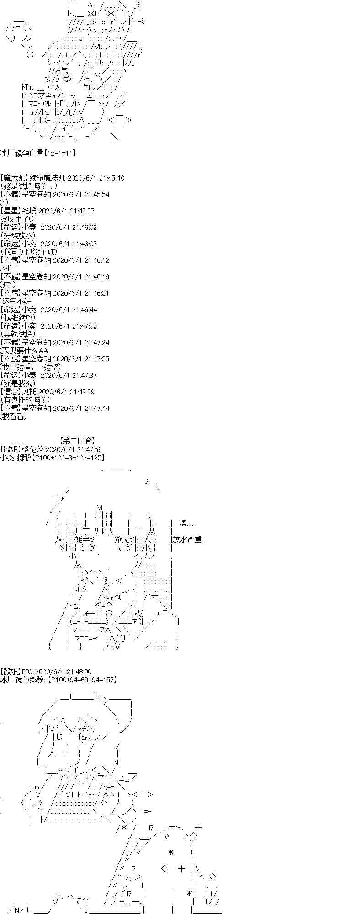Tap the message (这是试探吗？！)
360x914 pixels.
point(28,186)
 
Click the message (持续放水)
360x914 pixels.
point(18,235)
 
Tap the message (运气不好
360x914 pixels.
point(16,301)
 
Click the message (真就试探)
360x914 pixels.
point(18,334)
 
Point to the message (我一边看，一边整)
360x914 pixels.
point(30,367)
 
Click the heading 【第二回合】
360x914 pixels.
point(78,441)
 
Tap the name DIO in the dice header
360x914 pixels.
point(27,671)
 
